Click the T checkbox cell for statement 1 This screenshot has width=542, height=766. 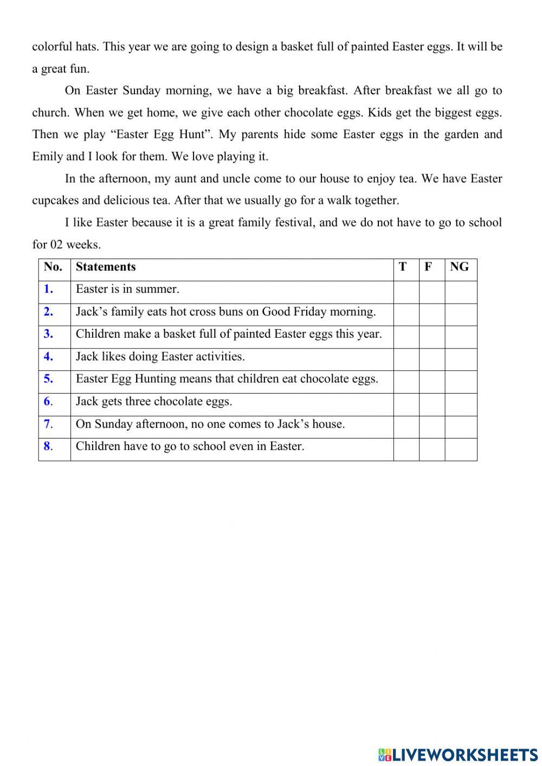[406, 292]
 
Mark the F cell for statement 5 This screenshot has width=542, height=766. [432, 382]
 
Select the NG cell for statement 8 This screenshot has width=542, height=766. [461, 449]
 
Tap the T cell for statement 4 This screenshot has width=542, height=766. [406, 359]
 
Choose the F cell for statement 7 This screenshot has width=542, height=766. [432, 427]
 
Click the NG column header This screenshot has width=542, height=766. [460, 267]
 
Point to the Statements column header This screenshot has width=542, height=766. [106, 267]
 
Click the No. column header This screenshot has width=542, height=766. [53, 267]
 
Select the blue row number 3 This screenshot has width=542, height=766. [49, 334]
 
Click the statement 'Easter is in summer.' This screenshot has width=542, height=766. [127, 289]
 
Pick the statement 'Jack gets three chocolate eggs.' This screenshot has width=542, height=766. [154, 401]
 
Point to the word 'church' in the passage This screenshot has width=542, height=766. [50, 113]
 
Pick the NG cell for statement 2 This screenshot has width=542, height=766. [461, 314]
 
